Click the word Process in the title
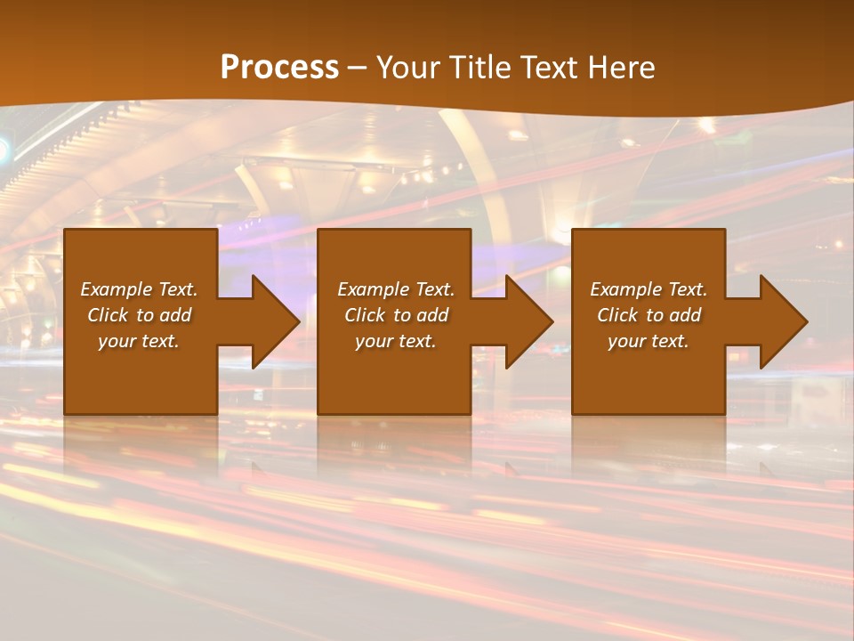[x=279, y=68]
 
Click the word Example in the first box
[x=117, y=289]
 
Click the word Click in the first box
[x=109, y=315]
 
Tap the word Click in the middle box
[x=366, y=315]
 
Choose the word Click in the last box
[x=618, y=315]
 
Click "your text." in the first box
[x=139, y=341]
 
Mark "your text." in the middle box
[x=396, y=341]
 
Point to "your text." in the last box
[x=649, y=341]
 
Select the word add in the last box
[x=686, y=315]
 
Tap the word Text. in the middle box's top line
[x=434, y=289]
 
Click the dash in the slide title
[x=358, y=69]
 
